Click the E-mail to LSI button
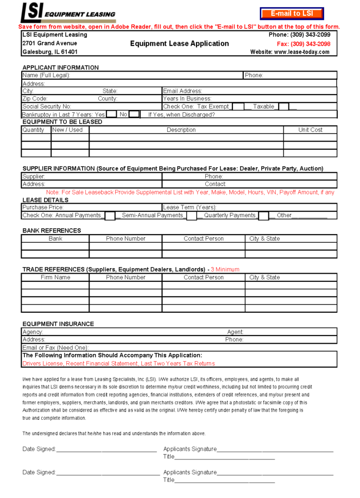[x=292, y=13]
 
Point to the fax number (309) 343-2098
[x=303, y=44]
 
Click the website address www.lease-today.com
[x=290, y=52]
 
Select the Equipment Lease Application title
[x=179, y=44]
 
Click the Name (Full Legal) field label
[x=46, y=76]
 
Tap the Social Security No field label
[x=47, y=106]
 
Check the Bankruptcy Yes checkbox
[x=111, y=114]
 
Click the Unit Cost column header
[x=310, y=130]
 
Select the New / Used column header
[x=67, y=130]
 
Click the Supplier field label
[x=34, y=176]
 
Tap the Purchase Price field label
[x=43, y=207]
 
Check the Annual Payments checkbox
[x=110, y=216]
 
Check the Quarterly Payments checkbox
[x=263, y=216]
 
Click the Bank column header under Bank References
[x=55, y=239]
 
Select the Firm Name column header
[x=55, y=277]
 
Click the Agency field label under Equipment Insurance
[x=33, y=332]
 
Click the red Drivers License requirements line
[x=118, y=363]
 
